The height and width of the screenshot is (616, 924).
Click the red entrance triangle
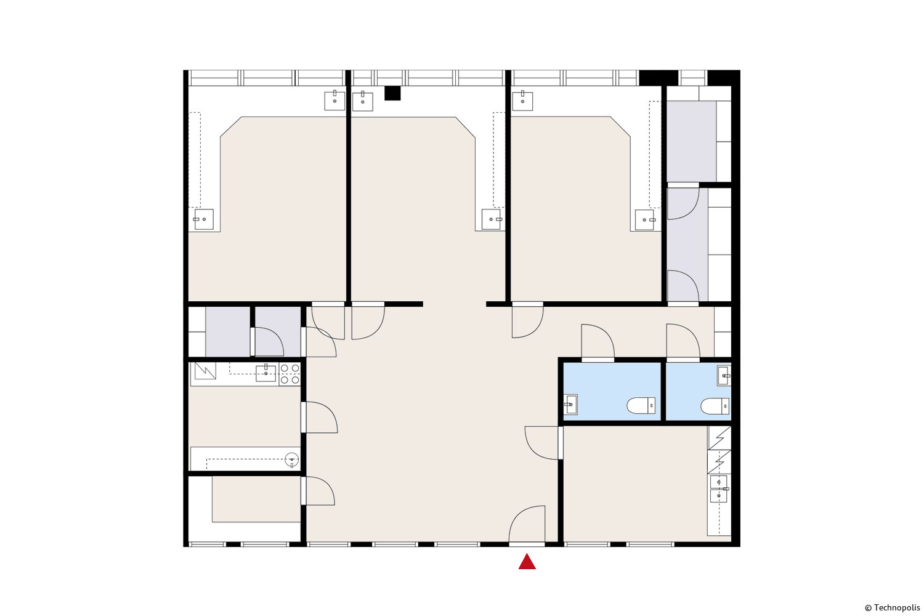pos(527,562)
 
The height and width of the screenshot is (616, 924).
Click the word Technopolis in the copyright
pos(897,608)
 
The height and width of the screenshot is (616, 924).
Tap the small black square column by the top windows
pos(392,93)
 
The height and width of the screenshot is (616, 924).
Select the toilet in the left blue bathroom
pos(641,405)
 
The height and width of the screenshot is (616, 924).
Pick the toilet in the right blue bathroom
pos(715,406)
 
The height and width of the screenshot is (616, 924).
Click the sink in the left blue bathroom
pos(570,404)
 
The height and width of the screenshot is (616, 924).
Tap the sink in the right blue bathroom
pos(724,376)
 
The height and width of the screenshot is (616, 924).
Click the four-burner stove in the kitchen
pos(290,374)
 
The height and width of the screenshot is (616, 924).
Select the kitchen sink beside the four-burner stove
pos(265,373)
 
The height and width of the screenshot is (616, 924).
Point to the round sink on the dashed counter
pos(291,459)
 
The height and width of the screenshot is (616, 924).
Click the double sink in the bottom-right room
pos(719,488)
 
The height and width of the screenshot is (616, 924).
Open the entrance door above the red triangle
pos(527,524)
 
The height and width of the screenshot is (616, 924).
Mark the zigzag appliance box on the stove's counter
pos(205,370)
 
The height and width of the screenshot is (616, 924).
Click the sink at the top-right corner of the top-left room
pos(334,100)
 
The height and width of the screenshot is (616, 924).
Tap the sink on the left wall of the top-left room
pos(204,219)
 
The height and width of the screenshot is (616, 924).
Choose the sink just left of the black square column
pos(363,101)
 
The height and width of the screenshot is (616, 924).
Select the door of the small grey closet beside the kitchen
pos(267,342)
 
